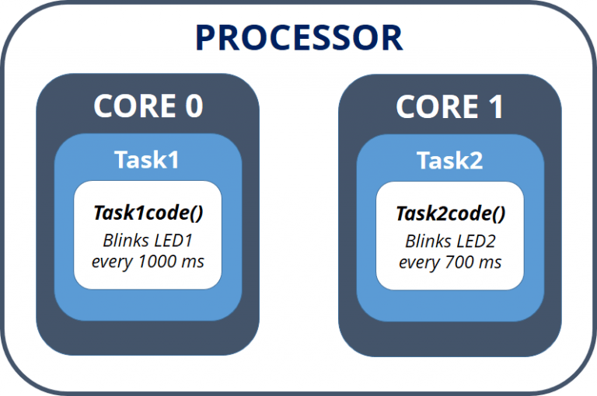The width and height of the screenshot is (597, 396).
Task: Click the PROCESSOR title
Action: pos(298,36)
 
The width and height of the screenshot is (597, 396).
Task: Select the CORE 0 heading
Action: pos(148,106)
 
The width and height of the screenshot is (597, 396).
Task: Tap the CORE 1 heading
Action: pos(450,106)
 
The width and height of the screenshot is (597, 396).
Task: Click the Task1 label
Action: pos(147,160)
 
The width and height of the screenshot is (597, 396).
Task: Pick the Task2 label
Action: pos(449,160)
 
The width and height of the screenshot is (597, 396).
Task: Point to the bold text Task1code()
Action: pos(148,213)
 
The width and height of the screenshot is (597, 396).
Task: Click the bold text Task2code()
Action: pos(450,213)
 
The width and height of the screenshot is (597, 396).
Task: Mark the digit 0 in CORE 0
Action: pos(192,106)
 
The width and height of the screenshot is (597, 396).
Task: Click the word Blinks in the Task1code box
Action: pos(127,240)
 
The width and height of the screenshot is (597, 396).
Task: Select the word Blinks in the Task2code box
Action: pos(428,240)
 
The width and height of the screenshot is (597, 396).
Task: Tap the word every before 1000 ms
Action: pos(112,262)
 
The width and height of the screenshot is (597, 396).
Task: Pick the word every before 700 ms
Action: pos(419,262)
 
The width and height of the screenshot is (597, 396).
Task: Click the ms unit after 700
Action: pos(490,262)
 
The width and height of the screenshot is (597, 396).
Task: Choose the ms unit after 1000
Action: pos(193,262)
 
